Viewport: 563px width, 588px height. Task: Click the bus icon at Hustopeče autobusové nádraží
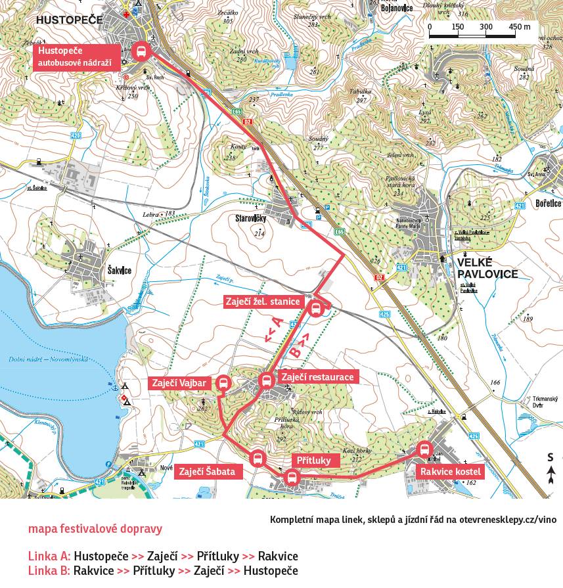coord(141,51)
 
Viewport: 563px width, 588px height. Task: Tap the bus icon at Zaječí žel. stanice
coord(316,307)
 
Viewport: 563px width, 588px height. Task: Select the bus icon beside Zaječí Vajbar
coord(223,383)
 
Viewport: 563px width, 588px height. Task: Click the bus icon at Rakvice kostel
coord(424,450)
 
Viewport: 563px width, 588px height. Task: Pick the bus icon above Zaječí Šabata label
coord(257,458)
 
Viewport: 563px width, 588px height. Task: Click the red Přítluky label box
coord(315,460)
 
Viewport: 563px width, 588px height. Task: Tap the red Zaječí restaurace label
coord(318,377)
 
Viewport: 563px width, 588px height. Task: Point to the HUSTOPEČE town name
coord(69,20)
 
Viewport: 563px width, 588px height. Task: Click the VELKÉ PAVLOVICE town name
coord(487,269)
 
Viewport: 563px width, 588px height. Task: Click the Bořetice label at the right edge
coord(547,204)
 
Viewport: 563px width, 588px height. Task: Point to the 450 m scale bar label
coord(519,27)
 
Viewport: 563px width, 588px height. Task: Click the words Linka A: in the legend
coord(49,556)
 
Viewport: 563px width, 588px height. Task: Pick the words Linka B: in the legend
coord(49,571)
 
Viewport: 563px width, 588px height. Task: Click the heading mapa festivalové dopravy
coord(95,529)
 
